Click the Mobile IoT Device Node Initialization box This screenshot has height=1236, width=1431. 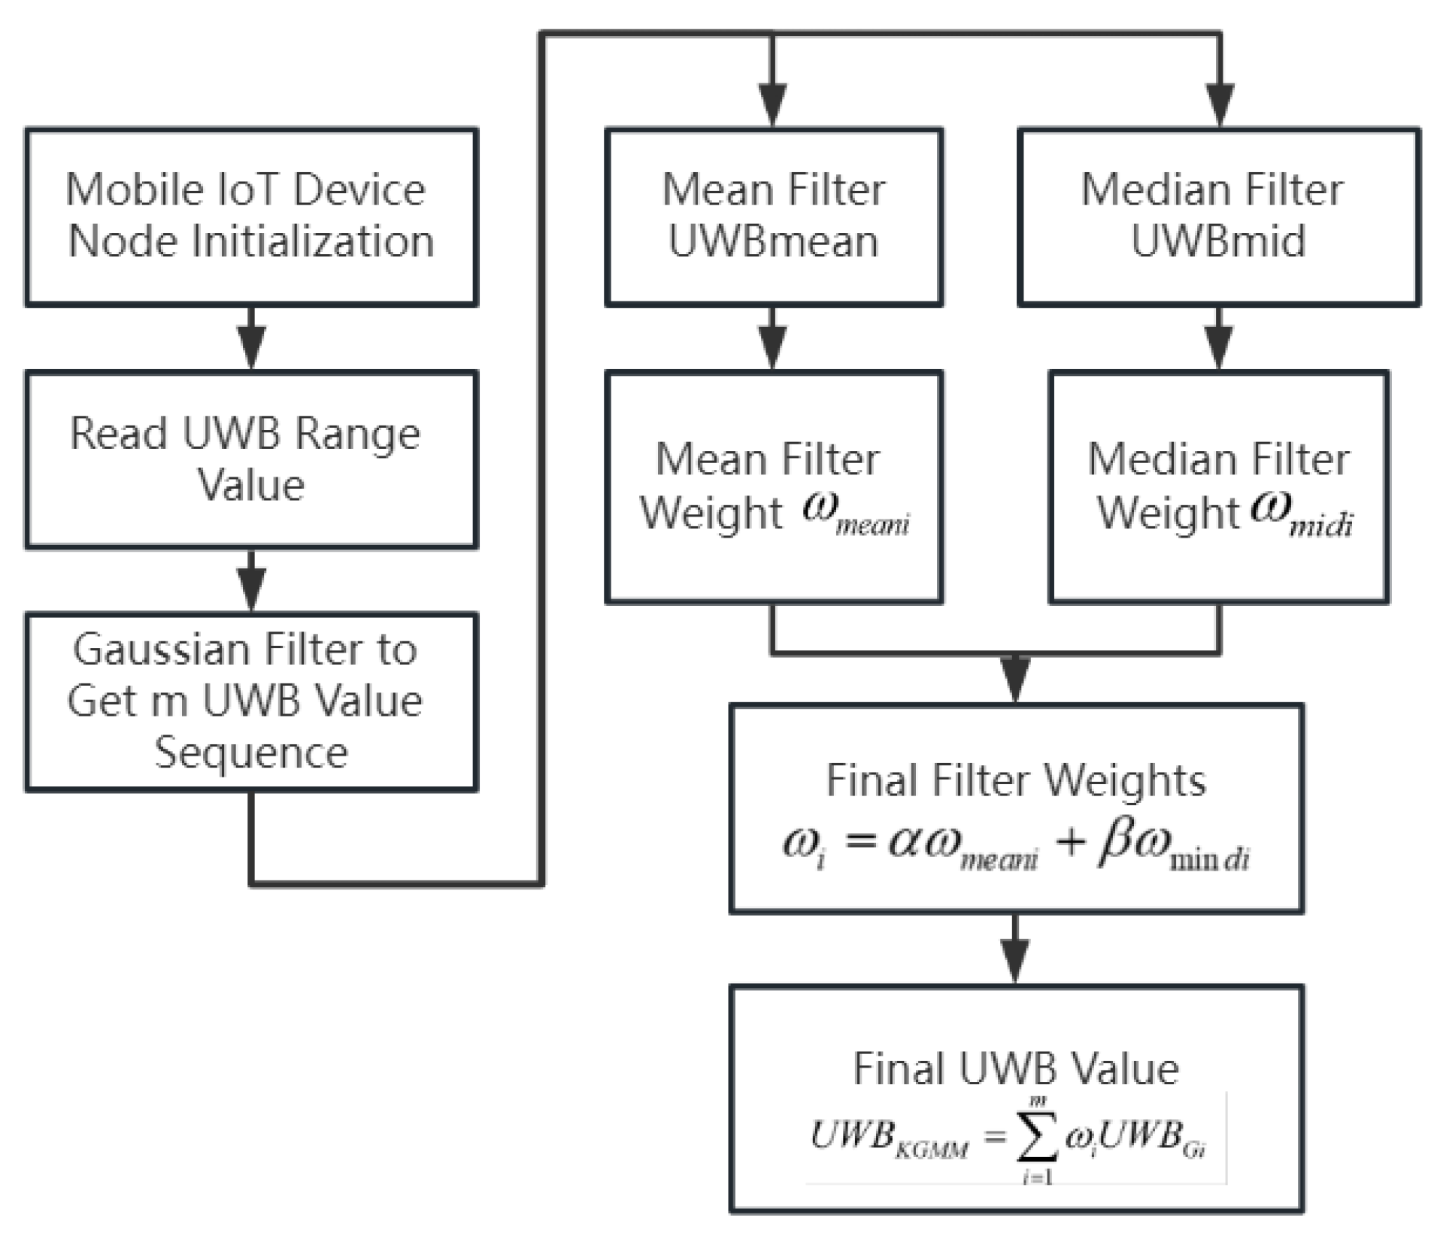(250, 217)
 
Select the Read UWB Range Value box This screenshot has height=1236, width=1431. (250, 459)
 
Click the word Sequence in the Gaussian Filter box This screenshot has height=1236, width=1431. (251, 752)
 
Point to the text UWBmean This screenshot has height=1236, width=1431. (773, 242)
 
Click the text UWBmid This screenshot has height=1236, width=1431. (1217, 242)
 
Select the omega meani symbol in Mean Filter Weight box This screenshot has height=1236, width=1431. (856, 514)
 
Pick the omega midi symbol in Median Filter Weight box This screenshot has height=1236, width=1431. (1301, 514)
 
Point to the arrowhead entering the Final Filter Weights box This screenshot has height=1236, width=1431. (1015, 680)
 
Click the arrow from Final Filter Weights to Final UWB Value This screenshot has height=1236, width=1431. (1015, 951)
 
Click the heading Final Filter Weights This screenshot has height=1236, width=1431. (1015, 780)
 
